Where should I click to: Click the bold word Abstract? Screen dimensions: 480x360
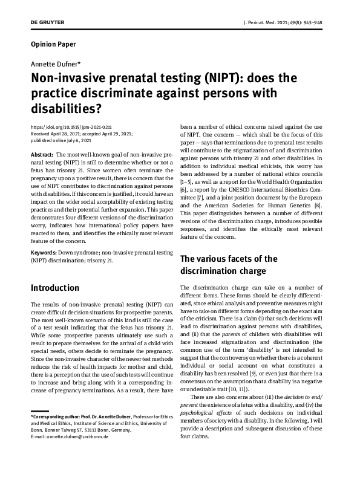coord(41,155)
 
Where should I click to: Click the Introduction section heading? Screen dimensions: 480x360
coord(55,288)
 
